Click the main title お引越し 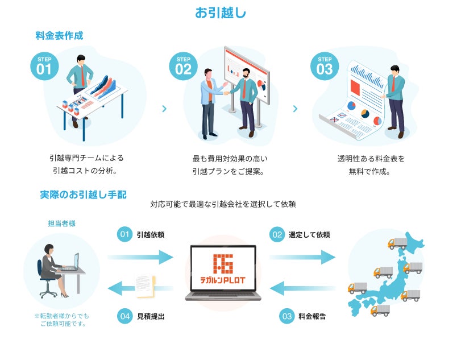[221, 13]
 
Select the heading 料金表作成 [59, 36]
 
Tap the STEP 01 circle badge [44, 66]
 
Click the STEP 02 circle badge [183, 66]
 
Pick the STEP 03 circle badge [324, 66]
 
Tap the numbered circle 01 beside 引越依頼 [124, 234]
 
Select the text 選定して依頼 [309, 234]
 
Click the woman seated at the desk [50, 268]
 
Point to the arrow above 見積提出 [140, 288]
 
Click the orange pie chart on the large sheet [351, 106]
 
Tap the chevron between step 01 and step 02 [164, 108]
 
